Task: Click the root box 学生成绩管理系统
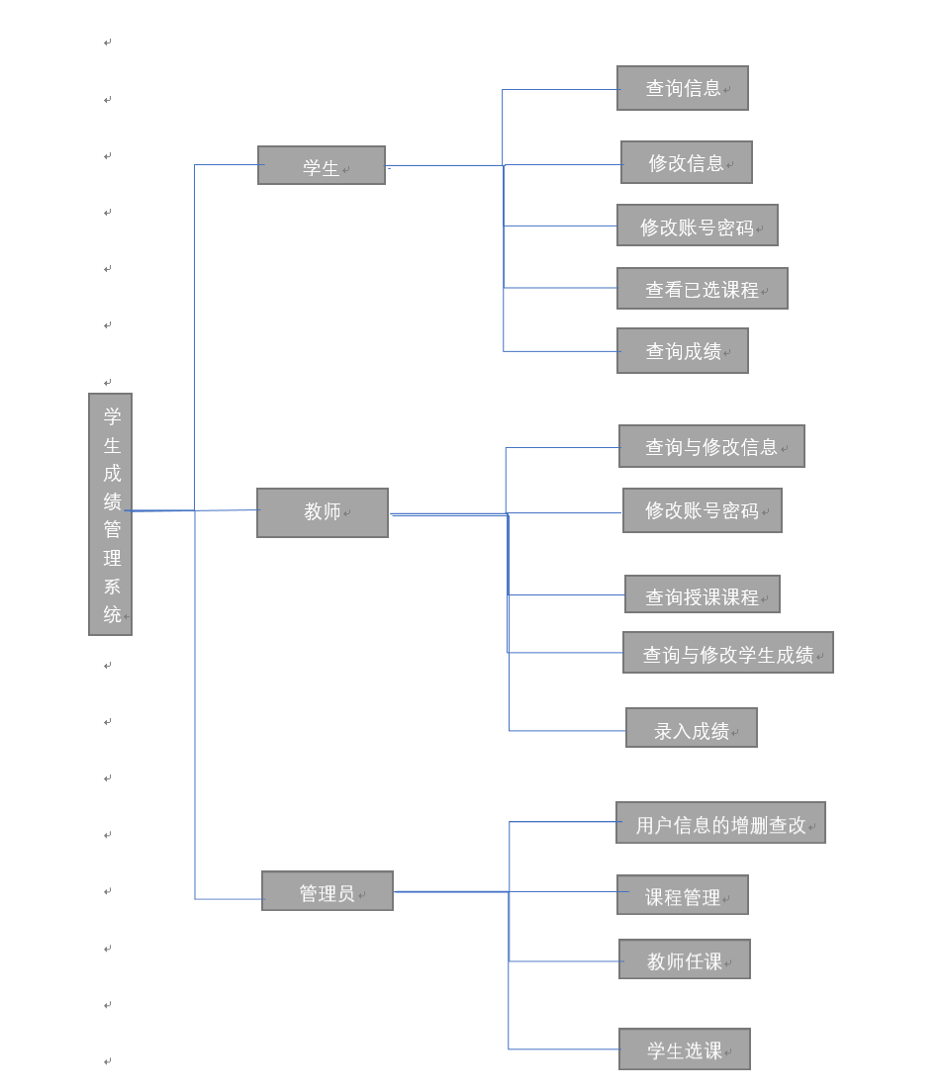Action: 110,513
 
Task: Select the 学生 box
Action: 322,166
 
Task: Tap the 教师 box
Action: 323,512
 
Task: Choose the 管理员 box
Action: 328,891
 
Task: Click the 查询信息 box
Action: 683,88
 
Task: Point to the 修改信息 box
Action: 687,162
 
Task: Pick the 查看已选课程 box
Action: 703,289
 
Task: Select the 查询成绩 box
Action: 683,351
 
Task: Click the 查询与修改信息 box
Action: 711,446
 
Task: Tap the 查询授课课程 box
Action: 703,594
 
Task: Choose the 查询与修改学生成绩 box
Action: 728,653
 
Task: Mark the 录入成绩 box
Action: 692,728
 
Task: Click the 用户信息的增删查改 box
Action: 720,823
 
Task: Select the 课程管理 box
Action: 683,895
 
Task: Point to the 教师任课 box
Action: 685,959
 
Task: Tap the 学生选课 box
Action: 685,1049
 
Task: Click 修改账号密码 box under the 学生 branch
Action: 698,226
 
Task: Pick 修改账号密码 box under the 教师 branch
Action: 703,510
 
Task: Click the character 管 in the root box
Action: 112,529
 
